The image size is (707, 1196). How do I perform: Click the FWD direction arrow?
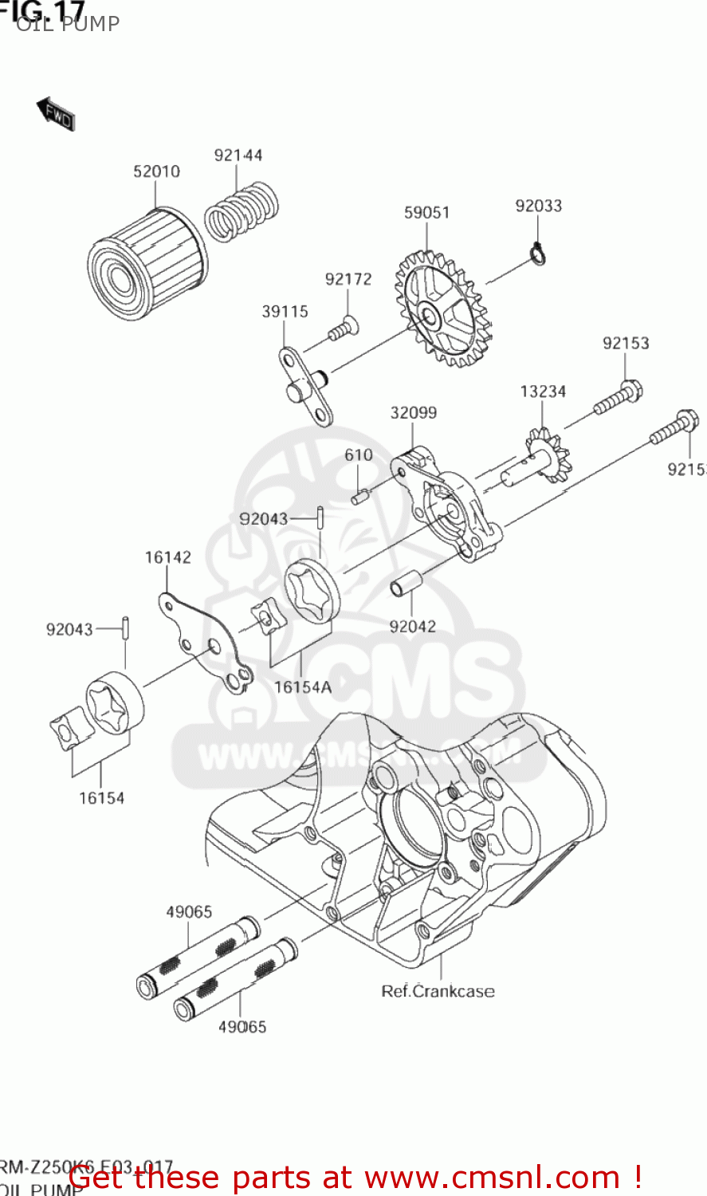pos(55,114)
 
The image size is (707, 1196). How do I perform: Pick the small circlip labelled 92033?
pos(539,254)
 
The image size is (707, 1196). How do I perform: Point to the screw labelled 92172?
pos(343,329)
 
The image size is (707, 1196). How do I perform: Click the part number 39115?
pos(285,312)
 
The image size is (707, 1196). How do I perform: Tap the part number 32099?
pos(413,413)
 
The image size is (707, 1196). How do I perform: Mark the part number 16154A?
pos(302,687)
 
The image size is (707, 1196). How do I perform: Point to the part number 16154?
pos(101,798)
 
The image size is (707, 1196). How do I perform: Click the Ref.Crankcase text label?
pos(438,991)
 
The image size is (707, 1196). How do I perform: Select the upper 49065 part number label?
pos(189,912)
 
